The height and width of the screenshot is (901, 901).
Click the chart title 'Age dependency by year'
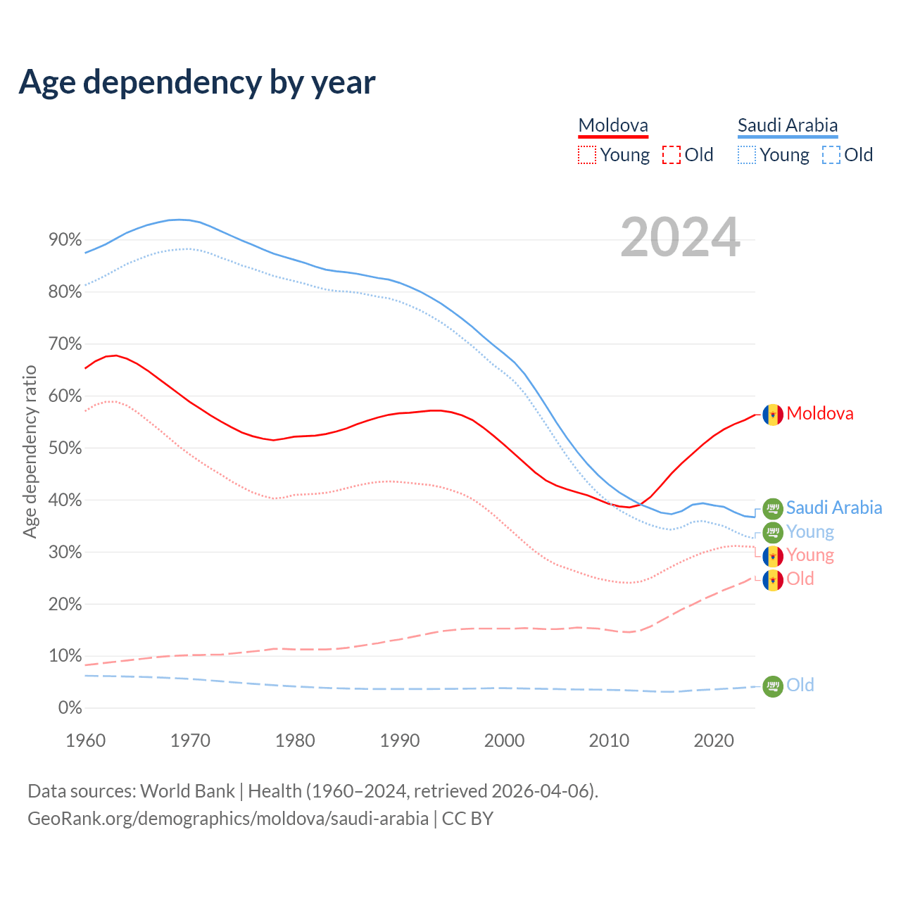[197, 82]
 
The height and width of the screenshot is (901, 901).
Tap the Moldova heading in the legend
[613, 125]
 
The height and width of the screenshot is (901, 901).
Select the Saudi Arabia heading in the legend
[788, 125]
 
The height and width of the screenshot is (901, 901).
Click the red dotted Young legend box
[586, 155]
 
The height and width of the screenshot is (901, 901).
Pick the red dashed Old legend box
[672, 155]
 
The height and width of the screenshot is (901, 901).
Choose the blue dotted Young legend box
[747, 155]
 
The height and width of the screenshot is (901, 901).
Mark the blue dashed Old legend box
[831, 155]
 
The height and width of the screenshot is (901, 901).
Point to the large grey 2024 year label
[680, 237]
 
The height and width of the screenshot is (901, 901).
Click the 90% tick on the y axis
[65, 240]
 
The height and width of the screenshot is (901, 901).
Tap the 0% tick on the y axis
[70, 708]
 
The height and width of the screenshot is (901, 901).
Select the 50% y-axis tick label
[65, 448]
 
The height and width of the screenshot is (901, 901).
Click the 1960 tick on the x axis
[85, 741]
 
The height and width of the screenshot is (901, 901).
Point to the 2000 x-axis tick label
[505, 741]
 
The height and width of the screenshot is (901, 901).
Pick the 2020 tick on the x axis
[714, 741]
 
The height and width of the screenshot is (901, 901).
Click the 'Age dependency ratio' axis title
[30, 451]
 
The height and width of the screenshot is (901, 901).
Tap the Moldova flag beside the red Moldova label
[773, 415]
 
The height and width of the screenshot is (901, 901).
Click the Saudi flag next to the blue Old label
[773, 686]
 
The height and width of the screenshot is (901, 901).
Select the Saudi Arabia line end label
[834, 508]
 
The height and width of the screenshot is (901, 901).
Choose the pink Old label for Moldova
[800, 579]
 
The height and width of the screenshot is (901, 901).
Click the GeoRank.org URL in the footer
[228, 819]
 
